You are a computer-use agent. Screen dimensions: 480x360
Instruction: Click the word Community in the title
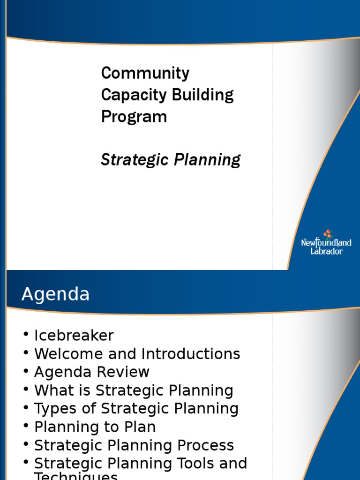coord(145,74)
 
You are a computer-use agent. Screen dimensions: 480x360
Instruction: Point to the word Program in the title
coord(134,117)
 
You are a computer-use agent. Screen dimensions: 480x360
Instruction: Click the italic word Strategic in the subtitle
coord(135,160)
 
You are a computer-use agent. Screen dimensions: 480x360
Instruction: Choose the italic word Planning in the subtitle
coord(208,160)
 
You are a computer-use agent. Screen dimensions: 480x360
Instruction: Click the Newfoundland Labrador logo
coord(326,243)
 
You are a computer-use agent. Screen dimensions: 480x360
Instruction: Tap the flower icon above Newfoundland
coord(328,234)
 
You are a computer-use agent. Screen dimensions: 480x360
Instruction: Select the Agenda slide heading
coord(55,294)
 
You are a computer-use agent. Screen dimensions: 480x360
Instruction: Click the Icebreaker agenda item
coord(74,336)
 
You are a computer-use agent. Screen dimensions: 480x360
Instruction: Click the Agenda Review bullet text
coord(92,372)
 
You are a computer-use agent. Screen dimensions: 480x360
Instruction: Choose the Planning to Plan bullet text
coord(95,427)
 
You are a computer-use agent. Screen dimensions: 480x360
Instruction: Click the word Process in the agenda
coord(206,445)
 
